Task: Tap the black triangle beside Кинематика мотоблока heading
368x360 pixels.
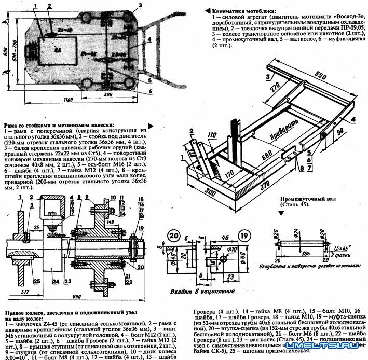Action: point(208,10)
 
